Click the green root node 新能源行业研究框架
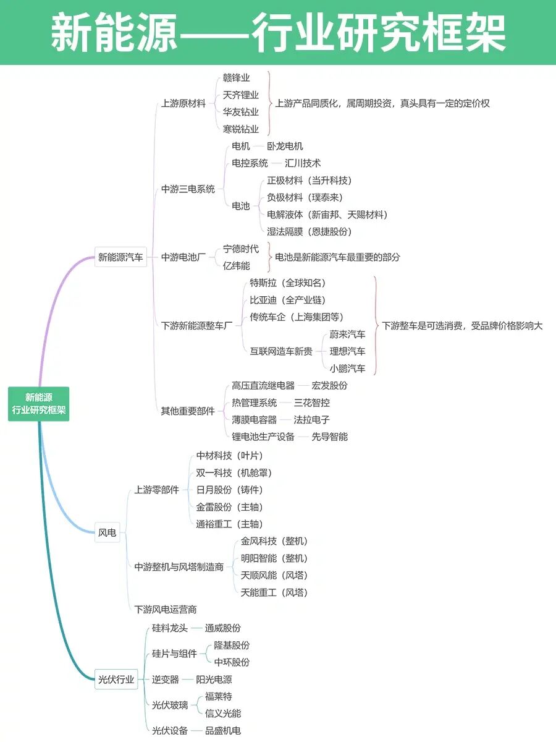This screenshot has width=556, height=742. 38,404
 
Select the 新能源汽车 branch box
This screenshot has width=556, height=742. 121,257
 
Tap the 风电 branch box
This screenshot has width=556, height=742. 107,532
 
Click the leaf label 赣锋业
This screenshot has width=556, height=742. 236,78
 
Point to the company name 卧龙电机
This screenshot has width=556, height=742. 285,147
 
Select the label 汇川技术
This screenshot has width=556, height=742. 303,163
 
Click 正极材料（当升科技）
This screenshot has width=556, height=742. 309,181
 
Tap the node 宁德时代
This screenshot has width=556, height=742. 241,249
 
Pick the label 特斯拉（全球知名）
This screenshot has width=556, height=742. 287,283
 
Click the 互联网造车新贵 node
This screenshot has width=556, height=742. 281,351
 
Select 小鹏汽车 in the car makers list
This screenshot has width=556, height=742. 347,369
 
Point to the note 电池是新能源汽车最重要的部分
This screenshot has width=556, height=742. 337,257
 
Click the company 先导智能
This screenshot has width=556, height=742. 329,437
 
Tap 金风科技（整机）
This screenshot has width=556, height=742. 274,541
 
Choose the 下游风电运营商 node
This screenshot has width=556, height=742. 166,609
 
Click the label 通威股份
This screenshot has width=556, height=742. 222,628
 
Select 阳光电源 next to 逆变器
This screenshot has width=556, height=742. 214,680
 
